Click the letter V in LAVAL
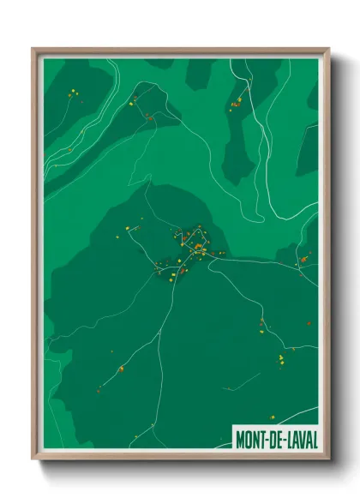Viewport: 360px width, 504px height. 301,439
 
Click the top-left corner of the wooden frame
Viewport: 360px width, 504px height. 33,48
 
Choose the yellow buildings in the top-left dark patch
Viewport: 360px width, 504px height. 75,93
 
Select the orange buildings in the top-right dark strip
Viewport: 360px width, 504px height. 235,105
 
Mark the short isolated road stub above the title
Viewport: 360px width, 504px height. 249,378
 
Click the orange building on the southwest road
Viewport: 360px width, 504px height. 121,369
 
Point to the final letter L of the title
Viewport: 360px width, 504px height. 314,439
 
